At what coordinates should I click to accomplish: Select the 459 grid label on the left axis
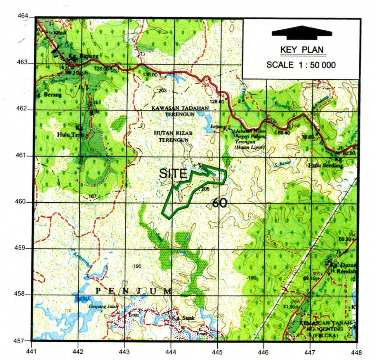[x=24, y=248]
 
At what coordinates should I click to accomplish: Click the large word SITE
[x=173, y=174]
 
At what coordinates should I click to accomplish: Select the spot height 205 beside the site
[x=206, y=189]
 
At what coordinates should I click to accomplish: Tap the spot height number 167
[x=92, y=196]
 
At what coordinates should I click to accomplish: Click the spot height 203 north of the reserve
[x=162, y=90]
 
